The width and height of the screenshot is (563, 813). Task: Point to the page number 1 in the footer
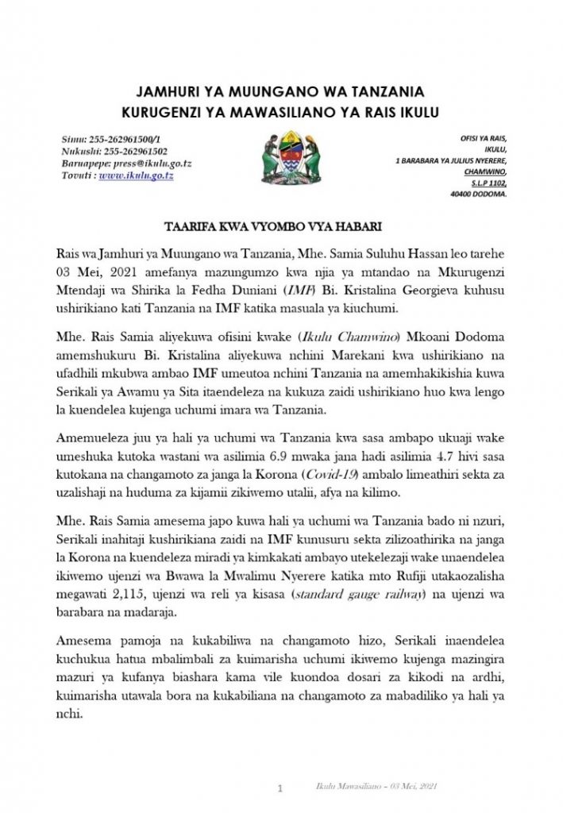coord(280,788)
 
